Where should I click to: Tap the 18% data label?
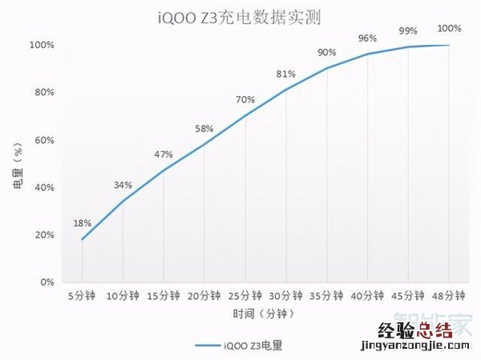(83, 223)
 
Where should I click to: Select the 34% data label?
(123, 184)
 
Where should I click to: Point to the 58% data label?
(204, 128)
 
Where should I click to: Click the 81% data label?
(286, 74)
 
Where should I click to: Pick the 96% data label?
(368, 38)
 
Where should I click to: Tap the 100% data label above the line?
(449, 29)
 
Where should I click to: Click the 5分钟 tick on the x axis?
(83, 295)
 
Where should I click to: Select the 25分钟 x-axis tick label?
(245, 295)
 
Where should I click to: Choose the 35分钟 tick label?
(327, 295)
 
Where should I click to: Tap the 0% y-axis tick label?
(46, 282)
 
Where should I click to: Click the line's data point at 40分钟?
(368, 54)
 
